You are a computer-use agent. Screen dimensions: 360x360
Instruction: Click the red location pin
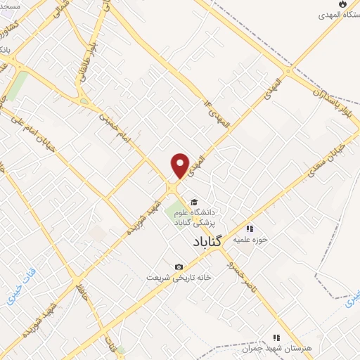[181, 165]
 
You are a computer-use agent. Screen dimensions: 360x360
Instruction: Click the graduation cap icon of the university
[193, 202]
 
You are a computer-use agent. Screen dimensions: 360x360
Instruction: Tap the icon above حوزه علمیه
[249, 228]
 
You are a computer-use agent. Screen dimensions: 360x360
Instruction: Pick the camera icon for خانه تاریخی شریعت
[179, 266]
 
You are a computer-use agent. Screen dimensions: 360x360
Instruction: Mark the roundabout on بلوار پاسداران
[289, 70]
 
